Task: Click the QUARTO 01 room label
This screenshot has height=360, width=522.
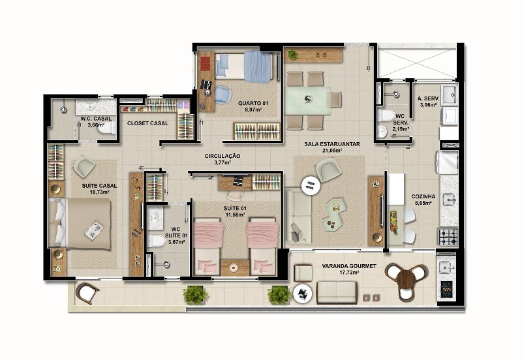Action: point(253,103)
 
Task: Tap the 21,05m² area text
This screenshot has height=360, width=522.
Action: point(331,151)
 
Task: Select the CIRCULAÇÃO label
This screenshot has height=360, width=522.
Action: point(223,156)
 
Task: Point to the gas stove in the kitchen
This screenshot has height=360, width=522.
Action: point(448,237)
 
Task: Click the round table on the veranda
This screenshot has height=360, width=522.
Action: point(406,278)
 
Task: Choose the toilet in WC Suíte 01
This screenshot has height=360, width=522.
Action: point(156,241)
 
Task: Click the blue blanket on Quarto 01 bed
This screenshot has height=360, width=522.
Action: point(258,67)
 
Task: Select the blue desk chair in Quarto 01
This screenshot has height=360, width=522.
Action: point(223,94)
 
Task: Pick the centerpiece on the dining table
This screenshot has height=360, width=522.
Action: point(308,98)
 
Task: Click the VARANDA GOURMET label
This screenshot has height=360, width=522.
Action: point(349,266)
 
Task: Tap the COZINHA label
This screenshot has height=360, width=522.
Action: point(423,196)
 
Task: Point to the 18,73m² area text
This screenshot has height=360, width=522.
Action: point(99,192)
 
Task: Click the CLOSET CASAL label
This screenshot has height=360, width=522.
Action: point(148,123)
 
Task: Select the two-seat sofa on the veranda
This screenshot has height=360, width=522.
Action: point(337,292)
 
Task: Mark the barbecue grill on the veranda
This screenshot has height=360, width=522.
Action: point(446,290)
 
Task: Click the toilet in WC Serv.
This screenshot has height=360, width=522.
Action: point(386,115)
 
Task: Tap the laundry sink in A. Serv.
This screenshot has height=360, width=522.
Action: point(450,94)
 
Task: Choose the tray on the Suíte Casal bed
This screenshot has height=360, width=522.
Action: point(95,230)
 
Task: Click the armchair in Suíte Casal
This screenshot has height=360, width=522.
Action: point(84,166)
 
